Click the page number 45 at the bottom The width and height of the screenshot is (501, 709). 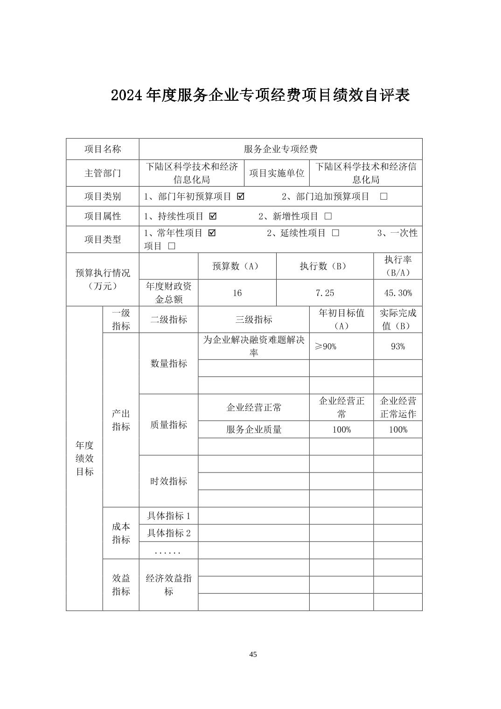[x=253, y=654]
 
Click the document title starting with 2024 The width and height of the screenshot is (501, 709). [x=260, y=95]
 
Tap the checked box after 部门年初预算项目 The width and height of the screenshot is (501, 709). [x=241, y=196]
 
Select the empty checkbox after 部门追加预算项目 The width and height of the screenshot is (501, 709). [x=383, y=196]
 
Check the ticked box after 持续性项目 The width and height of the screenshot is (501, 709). [x=213, y=216]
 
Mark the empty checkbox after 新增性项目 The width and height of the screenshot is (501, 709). [x=328, y=216]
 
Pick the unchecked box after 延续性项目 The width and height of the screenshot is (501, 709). [x=335, y=233]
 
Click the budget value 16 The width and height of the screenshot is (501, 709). [x=237, y=293]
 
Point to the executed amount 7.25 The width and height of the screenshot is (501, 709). [x=325, y=293]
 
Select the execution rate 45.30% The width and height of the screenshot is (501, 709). [x=397, y=293]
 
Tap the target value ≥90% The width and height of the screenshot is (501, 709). [x=326, y=346]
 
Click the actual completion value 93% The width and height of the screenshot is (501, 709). [x=397, y=346]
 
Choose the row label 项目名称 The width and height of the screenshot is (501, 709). [x=103, y=149]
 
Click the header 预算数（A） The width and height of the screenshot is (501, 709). [x=237, y=266]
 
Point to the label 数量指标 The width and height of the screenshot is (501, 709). [x=168, y=363]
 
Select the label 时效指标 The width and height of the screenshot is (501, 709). [x=168, y=481]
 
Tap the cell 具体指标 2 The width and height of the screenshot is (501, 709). [x=168, y=533]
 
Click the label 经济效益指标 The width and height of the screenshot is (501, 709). [x=168, y=584]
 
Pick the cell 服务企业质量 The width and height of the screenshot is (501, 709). [x=254, y=430]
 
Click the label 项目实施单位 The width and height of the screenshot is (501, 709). [x=277, y=173]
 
